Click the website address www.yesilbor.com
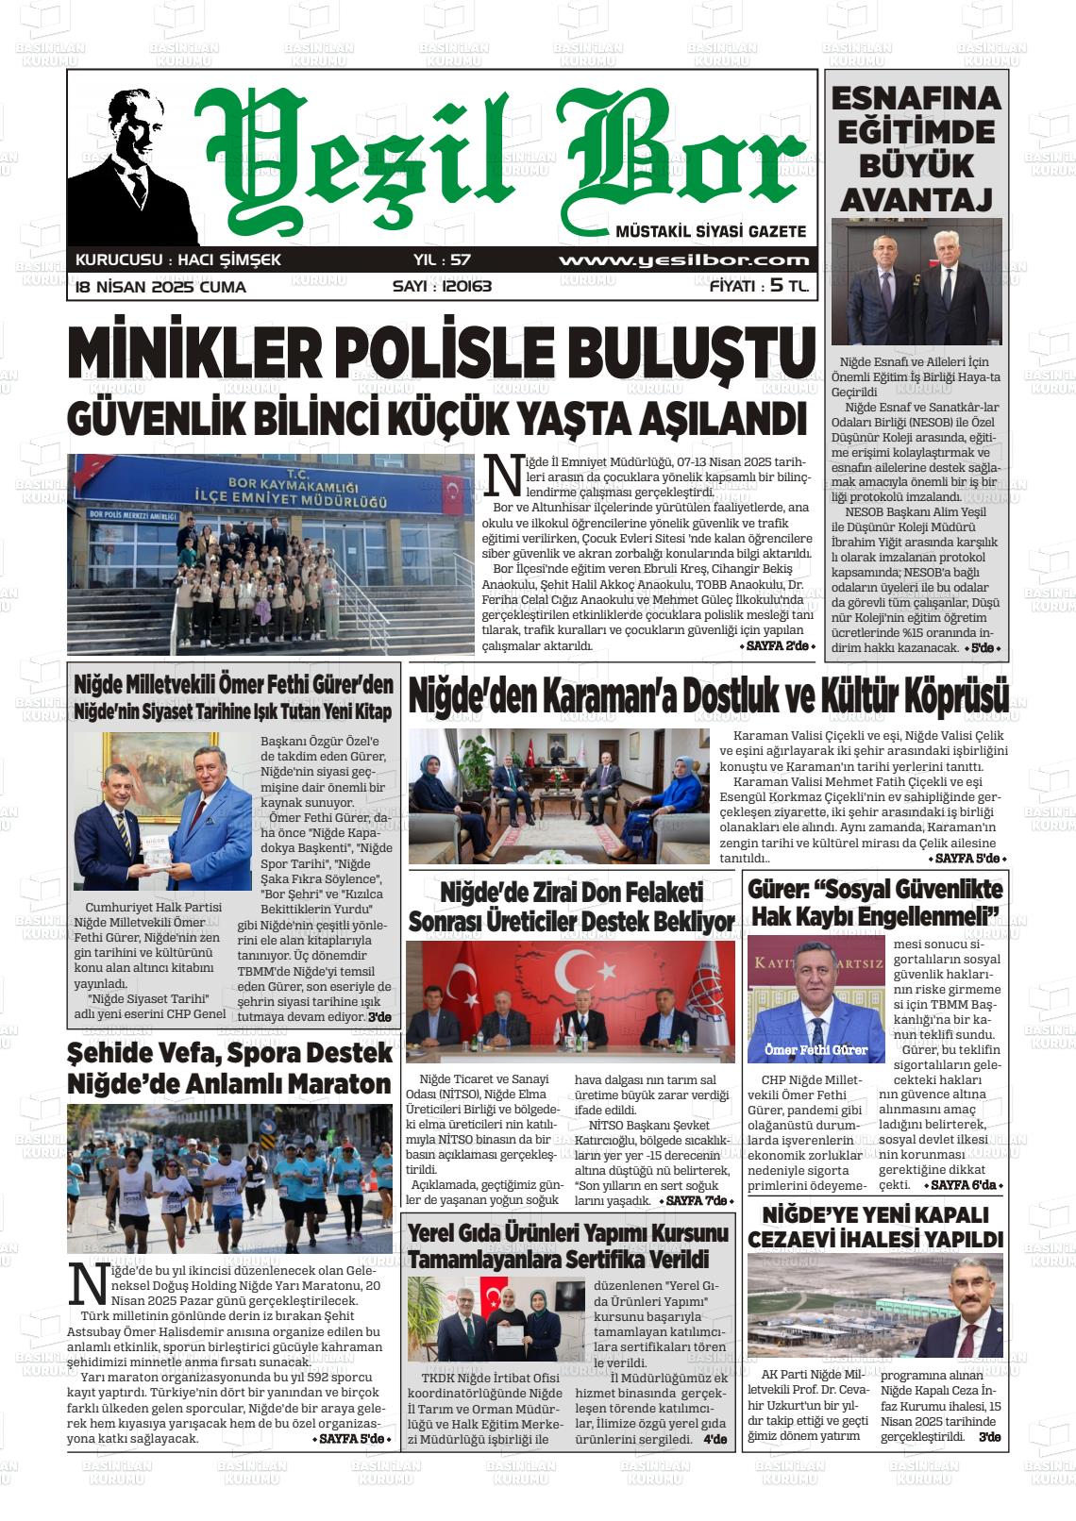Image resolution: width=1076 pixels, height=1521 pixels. tap(683, 260)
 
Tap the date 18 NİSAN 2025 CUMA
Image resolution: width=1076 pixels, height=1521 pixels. tap(160, 287)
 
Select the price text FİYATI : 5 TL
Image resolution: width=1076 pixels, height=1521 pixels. tap(759, 287)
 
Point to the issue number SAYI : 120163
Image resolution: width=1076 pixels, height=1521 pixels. tap(442, 287)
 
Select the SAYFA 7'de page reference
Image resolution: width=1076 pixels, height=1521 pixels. tap(697, 1200)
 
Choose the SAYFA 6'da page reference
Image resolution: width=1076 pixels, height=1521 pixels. tap(966, 1185)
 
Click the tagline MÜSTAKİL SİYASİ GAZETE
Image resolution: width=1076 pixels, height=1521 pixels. tap(710, 231)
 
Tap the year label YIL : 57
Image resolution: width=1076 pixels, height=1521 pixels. tap(442, 260)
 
